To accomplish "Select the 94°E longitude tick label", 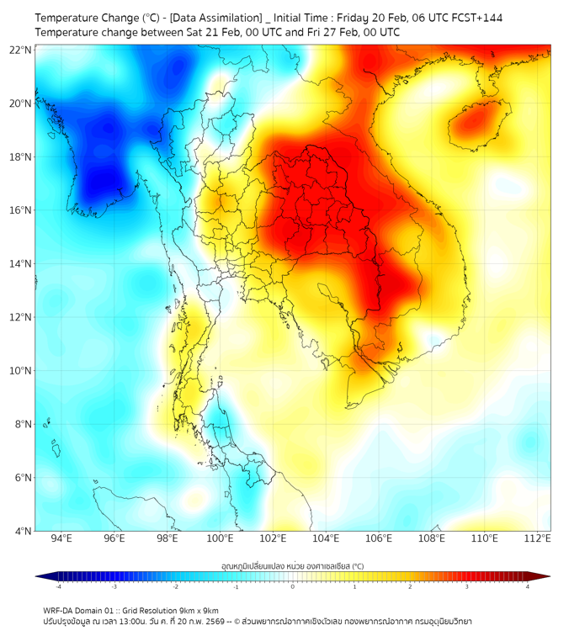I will point(61,539).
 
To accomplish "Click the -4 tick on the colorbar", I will point(58,586).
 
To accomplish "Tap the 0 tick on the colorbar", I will point(293,586).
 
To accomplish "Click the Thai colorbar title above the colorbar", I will point(292,565).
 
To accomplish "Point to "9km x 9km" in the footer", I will point(199,611).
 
